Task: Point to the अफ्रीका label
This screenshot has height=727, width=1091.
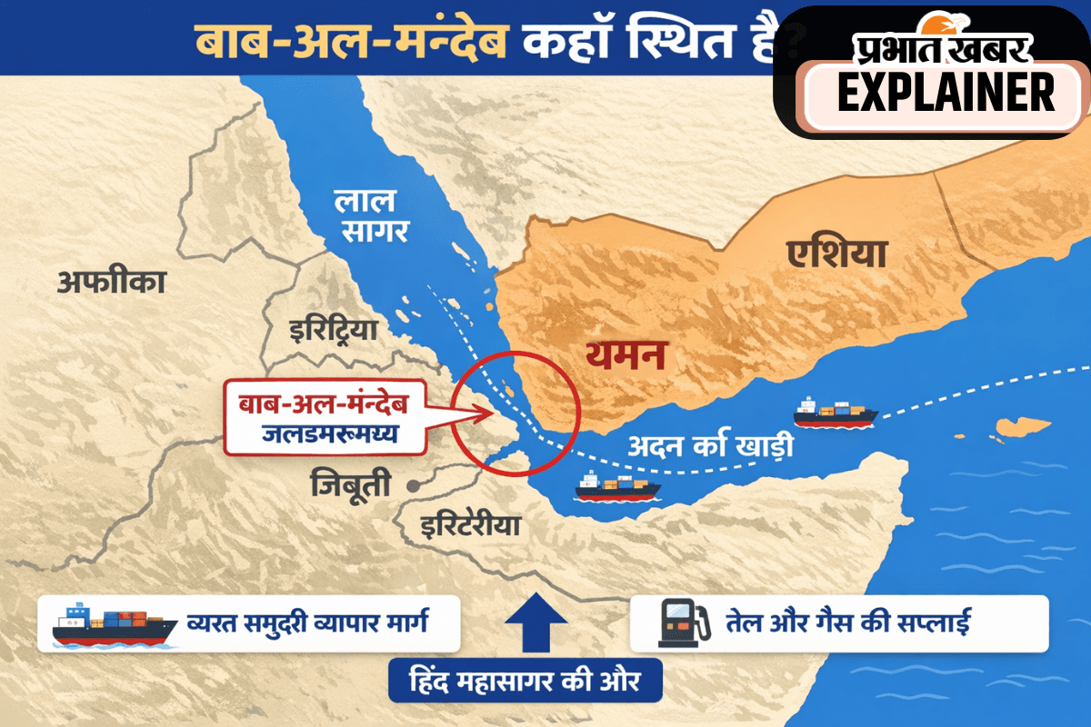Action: pyautogui.click(x=112, y=283)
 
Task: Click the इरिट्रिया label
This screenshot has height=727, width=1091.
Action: pyautogui.click(x=331, y=329)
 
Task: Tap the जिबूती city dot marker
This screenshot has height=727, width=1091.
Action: pyautogui.click(x=414, y=485)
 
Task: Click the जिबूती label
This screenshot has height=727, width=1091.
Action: pyautogui.click(x=355, y=483)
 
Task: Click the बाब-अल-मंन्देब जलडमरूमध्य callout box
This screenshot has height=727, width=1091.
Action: pyautogui.click(x=325, y=420)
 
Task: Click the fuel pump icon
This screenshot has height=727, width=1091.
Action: pyautogui.click(x=678, y=623)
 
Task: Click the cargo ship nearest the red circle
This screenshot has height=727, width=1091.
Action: pyautogui.click(x=616, y=487)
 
